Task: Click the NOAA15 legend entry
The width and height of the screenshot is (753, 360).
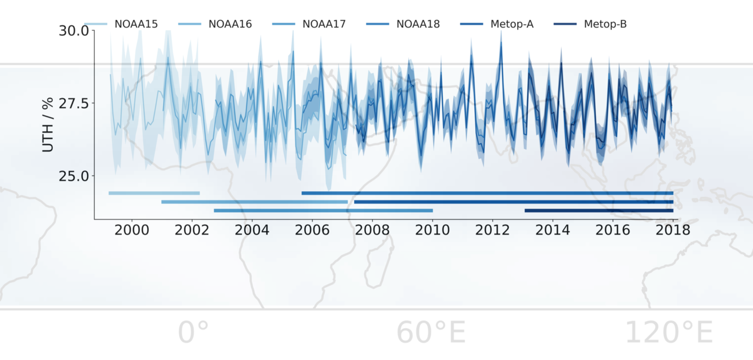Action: (x=136, y=24)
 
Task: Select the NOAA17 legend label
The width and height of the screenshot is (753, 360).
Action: (x=324, y=24)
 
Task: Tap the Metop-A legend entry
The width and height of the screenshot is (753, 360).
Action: (x=512, y=24)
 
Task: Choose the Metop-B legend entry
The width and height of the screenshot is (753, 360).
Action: (x=605, y=24)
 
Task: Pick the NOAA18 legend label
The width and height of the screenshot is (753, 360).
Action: (x=418, y=24)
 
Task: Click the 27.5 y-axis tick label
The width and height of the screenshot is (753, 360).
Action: (x=73, y=103)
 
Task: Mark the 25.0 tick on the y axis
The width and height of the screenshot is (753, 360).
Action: (x=73, y=175)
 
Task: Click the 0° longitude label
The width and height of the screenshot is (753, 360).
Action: (x=194, y=334)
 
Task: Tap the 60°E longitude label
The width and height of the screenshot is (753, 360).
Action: (x=431, y=334)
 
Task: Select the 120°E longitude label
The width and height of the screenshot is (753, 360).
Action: (x=668, y=334)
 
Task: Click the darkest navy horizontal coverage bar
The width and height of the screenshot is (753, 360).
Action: (x=598, y=211)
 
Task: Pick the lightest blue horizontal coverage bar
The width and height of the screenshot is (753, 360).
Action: (x=154, y=193)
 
